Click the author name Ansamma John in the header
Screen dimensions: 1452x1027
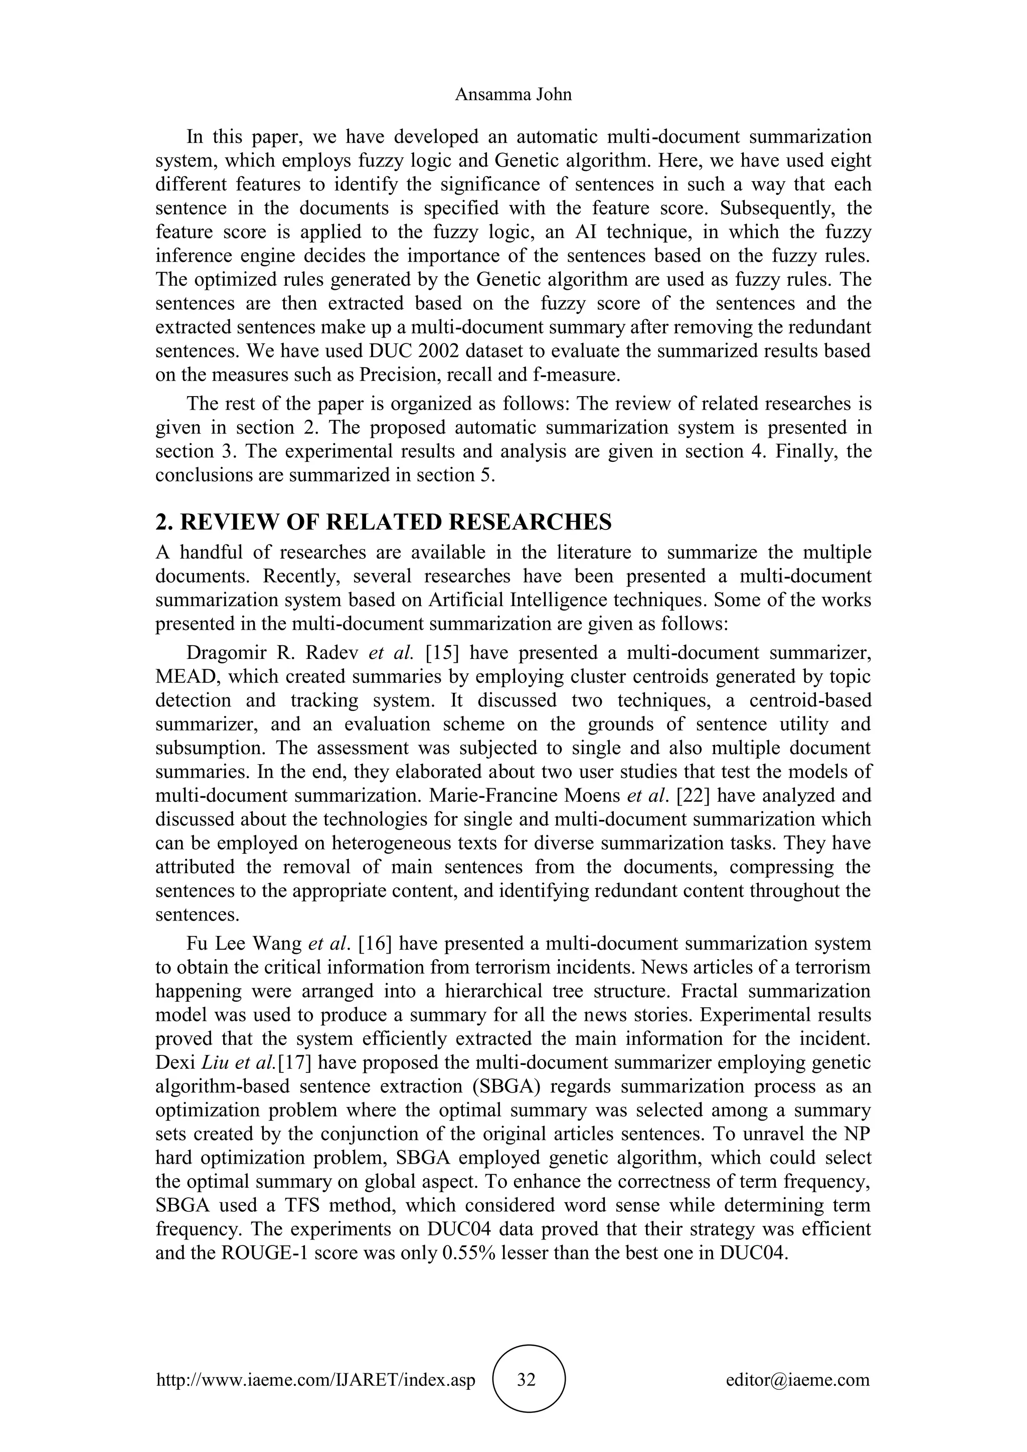(x=513, y=95)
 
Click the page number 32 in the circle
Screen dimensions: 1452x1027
(x=526, y=1379)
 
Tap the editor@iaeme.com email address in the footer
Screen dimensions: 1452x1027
(x=798, y=1379)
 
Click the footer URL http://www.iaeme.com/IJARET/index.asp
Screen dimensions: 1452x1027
(x=315, y=1379)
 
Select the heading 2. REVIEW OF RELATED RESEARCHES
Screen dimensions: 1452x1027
(x=383, y=522)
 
